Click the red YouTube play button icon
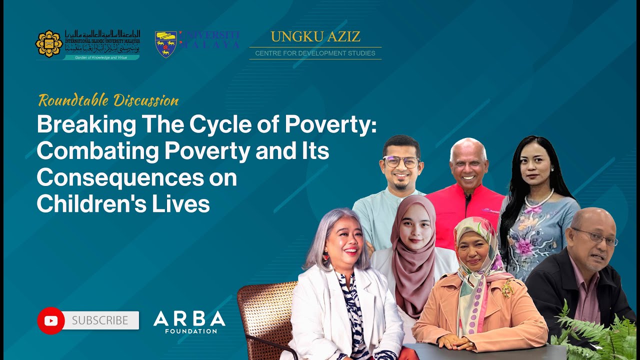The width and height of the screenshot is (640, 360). (x=51, y=320)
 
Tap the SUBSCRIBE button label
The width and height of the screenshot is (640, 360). (x=100, y=320)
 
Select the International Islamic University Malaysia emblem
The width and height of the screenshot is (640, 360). (x=48, y=44)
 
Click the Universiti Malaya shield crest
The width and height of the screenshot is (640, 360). (x=165, y=44)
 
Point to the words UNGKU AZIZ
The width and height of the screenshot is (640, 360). (x=315, y=36)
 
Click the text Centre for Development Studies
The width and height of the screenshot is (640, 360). (x=315, y=53)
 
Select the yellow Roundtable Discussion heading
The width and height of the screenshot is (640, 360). (x=108, y=100)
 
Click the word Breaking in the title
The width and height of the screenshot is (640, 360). (x=86, y=125)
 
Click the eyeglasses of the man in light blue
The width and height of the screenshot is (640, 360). (x=401, y=161)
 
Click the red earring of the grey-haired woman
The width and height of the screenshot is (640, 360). (x=325, y=256)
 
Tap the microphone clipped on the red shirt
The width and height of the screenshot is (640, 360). (x=468, y=198)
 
